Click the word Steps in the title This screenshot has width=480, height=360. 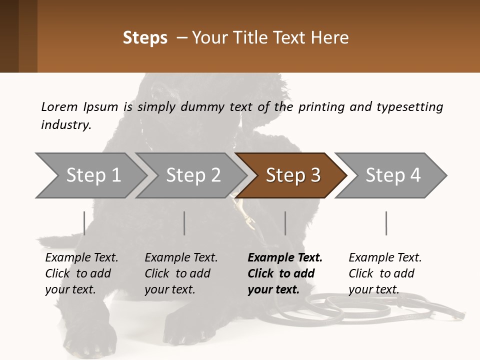tap(145, 37)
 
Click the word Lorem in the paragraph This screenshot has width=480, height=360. tap(59, 106)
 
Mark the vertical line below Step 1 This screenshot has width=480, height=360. tap(84, 223)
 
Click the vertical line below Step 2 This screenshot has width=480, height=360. tap(184, 223)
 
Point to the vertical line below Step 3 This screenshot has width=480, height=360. tap(285, 223)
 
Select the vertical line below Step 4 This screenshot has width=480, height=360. tap(386, 223)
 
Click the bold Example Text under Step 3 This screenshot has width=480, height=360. tap(285, 258)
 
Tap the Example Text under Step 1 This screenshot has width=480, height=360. tap(82, 258)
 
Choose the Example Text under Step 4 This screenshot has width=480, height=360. tap(385, 258)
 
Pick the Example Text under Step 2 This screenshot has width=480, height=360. tap(181, 258)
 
